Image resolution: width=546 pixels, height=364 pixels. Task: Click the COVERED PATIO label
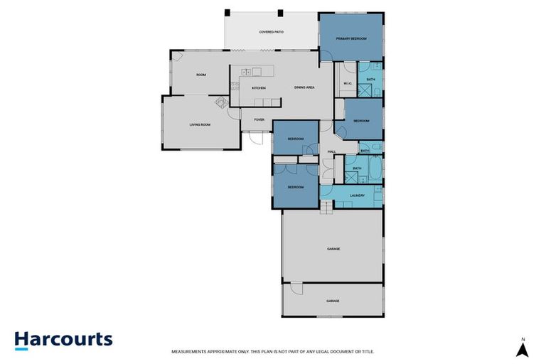272,32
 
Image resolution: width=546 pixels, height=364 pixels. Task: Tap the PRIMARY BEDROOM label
350,38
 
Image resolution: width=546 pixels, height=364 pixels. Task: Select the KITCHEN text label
259,87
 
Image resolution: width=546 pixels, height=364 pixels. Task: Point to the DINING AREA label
305,87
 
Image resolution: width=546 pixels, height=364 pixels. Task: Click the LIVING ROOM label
200,124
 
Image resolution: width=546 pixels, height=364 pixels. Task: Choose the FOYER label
259,119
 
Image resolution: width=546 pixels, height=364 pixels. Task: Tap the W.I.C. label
348,84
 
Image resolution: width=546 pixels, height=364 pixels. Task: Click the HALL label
331,152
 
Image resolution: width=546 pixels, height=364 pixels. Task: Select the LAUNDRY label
357,196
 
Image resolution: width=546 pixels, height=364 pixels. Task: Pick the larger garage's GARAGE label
333,249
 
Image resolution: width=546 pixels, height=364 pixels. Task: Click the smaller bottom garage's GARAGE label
333,301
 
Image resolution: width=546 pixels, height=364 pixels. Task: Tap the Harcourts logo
63,339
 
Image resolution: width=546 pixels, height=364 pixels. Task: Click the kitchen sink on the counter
246,72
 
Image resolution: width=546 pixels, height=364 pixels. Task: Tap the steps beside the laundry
326,206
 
